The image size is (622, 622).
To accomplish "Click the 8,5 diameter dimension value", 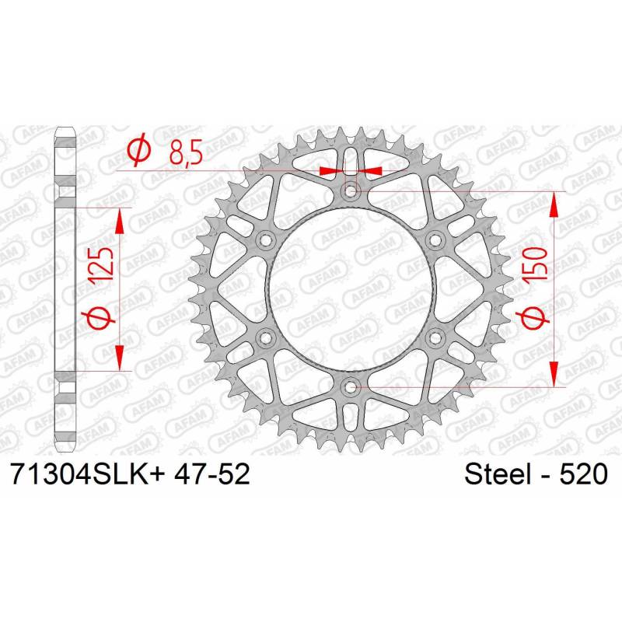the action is click(x=186, y=152).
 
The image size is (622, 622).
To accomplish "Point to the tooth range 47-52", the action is click(x=211, y=473).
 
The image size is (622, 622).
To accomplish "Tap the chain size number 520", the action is click(x=583, y=474).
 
